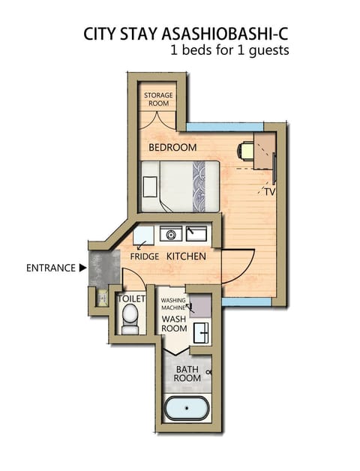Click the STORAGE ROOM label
coord(158,99)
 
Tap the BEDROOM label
coord(172,148)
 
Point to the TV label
coord(270,192)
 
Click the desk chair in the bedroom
coord(245,151)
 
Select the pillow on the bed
coord(150,187)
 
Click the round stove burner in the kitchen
coord(171,235)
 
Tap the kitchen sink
coord(196,234)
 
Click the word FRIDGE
coord(145,256)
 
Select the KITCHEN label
coord(186,256)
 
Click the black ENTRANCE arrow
coord(82,268)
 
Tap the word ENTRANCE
coord(51,268)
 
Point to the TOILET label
coord(131,299)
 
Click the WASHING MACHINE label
coord(173,304)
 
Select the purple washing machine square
coord(200,306)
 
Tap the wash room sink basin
coord(201,333)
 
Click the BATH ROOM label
coord(187,373)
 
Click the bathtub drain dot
coord(187,408)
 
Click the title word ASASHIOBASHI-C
coord(225,34)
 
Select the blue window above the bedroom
coord(225,127)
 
